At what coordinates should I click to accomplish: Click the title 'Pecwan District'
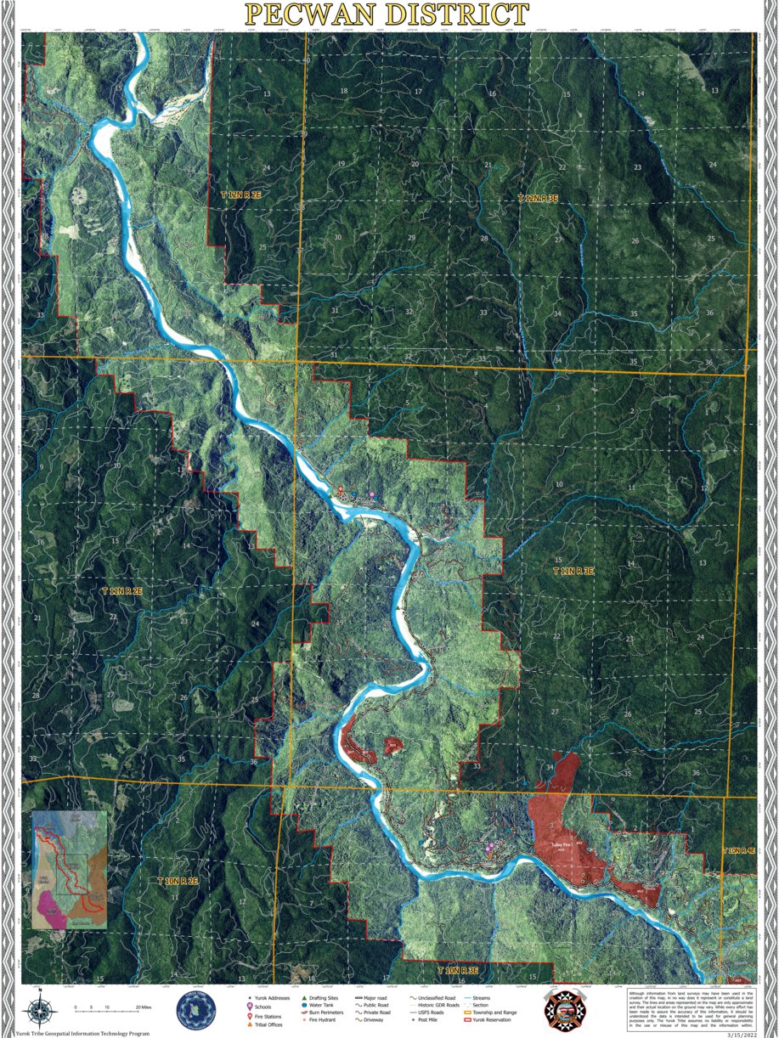[x=387, y=14]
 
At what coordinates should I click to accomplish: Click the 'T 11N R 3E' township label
[x=576, y=572]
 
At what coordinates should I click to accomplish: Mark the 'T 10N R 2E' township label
[x=177, y=882]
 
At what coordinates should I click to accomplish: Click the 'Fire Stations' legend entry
[x=267, y=1016]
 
